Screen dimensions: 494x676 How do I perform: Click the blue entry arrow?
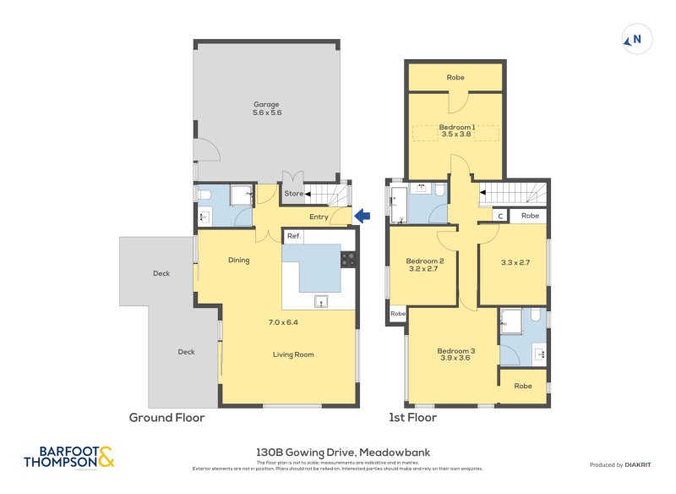click(362, 217)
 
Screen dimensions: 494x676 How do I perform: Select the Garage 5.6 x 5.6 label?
click(266, 108)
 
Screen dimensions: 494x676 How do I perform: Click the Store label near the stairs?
click(292, 194)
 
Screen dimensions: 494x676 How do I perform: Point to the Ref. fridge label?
click(293, 236)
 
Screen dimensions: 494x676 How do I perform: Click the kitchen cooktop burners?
click(347, 259)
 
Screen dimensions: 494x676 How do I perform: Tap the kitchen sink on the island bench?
click(320, 299)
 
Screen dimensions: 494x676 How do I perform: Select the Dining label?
click(238, 261)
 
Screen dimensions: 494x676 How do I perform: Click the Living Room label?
click(293, 354)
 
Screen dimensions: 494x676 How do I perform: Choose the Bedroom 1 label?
click(456, 128)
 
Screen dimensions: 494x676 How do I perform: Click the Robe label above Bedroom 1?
click(455, 77)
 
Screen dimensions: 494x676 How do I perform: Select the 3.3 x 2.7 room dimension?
click(515, 262)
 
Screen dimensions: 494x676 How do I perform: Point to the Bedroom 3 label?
click(455, 351)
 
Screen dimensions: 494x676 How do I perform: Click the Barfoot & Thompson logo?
click(68, 458)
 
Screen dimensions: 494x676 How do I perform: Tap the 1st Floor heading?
click(412, 418)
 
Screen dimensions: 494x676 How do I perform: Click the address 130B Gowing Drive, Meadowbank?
click(343, 453)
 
